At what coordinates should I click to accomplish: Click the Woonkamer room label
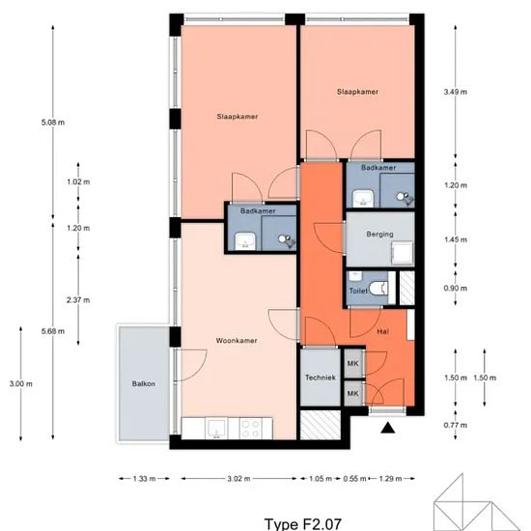[x=237, y=341]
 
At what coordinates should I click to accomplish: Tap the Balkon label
[x=144, y=383]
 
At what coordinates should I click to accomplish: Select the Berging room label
[x=379, y=234]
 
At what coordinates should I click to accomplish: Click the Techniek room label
[x=320, y=377]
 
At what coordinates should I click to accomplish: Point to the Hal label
[x=382, y=332]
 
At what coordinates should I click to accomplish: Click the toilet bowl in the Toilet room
[x=378, y=289]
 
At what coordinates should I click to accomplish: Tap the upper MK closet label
[x=352, y=363]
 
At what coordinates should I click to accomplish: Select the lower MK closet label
[x=352, y=394]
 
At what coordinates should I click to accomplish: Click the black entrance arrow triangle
[x=388, y=428]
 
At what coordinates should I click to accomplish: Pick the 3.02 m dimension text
[x=238, y=479]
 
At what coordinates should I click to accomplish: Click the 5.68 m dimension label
[x=53, y=331]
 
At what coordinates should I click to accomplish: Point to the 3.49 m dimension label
[x=456, y=92]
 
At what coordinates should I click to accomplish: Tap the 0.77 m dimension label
[x=456, y=425]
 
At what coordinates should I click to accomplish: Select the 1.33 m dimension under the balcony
[x=144, y=479]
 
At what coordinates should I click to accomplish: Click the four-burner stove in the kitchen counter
[x=251, y=429]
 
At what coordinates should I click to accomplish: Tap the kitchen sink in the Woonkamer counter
[x=216, y=429]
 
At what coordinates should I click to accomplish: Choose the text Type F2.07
[x=302, y=524]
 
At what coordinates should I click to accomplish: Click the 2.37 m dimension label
[x=78, y=300]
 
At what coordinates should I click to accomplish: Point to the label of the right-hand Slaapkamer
[x=357, y=92]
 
